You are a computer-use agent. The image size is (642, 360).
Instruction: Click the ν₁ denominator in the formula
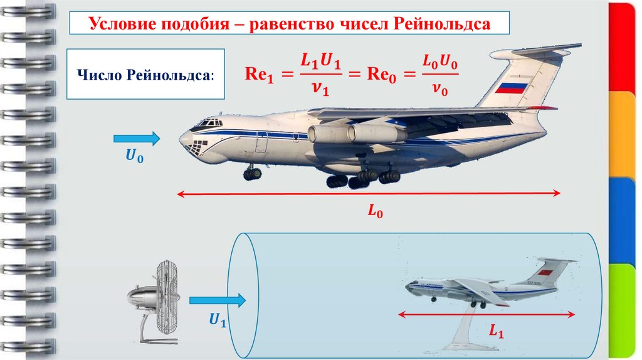(319, 90)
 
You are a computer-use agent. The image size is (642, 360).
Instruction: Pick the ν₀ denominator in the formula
(439, 90)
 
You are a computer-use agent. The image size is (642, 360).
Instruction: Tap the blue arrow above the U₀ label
(136, 138)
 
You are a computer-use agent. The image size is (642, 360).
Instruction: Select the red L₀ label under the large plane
(375, 212)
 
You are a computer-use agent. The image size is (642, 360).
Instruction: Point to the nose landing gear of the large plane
(252, 173)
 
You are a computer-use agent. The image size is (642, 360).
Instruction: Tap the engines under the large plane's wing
(351, 133)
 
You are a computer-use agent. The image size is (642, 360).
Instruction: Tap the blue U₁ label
(217, 321)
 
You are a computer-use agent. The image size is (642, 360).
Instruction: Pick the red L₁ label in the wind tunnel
(497, 331)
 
